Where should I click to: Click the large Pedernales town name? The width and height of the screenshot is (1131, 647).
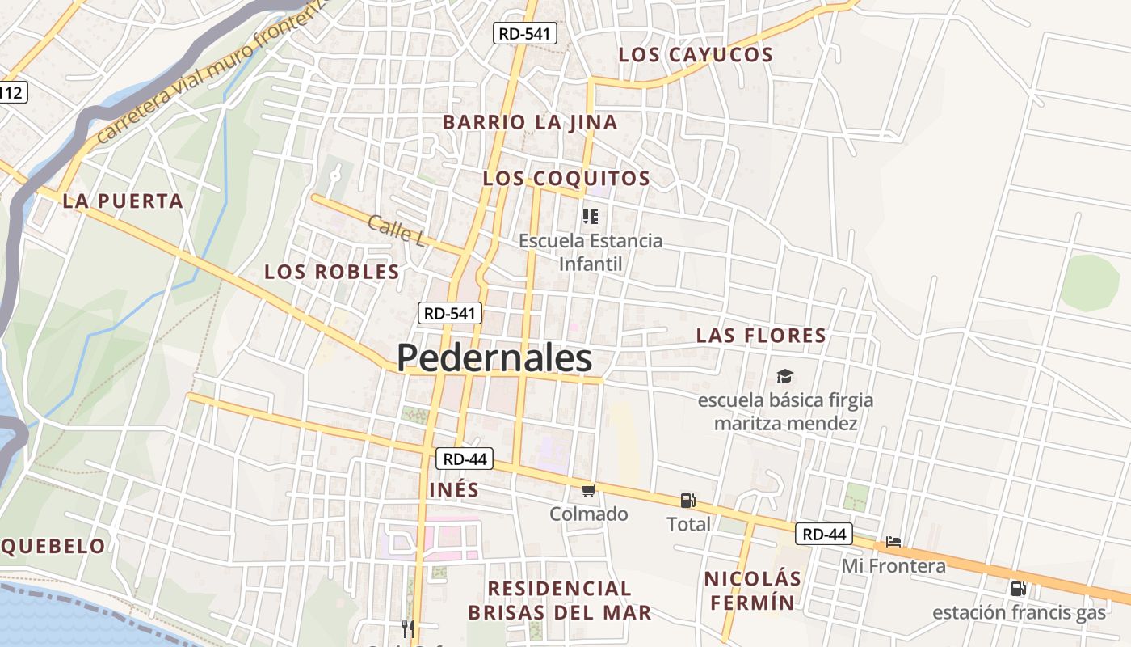[494, 358]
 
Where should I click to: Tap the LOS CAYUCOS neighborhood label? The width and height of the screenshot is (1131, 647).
[696, 55]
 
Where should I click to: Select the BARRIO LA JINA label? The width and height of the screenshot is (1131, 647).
[530, 123]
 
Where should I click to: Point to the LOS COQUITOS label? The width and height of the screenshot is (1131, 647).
[566, 179]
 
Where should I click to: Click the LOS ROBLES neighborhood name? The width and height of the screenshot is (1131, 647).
[332, 273]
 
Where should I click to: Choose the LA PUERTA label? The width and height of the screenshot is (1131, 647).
[123, 201]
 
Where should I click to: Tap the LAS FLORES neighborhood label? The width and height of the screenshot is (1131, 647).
[761, 336]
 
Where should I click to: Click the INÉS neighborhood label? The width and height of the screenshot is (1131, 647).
[454, 490]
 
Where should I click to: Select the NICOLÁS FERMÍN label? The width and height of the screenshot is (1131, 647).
[753, 590]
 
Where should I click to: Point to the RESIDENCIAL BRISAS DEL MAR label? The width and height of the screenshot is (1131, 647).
[560, 600]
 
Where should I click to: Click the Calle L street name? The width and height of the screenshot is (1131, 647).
[396, 231]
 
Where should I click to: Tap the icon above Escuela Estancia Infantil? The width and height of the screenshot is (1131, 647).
[591, 217]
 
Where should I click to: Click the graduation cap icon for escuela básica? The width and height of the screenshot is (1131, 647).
[785, 376]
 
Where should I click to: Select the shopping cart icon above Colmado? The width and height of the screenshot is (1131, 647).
[589, 490]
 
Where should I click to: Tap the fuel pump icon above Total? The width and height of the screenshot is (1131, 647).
[688, 501]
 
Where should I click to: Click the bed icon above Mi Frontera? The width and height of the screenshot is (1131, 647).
[893, 542]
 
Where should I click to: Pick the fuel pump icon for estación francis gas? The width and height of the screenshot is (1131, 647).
[1019, 589]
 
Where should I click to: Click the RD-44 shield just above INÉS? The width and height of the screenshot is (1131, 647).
[465, 459]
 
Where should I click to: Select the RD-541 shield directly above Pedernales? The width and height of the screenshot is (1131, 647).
[451, 313]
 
